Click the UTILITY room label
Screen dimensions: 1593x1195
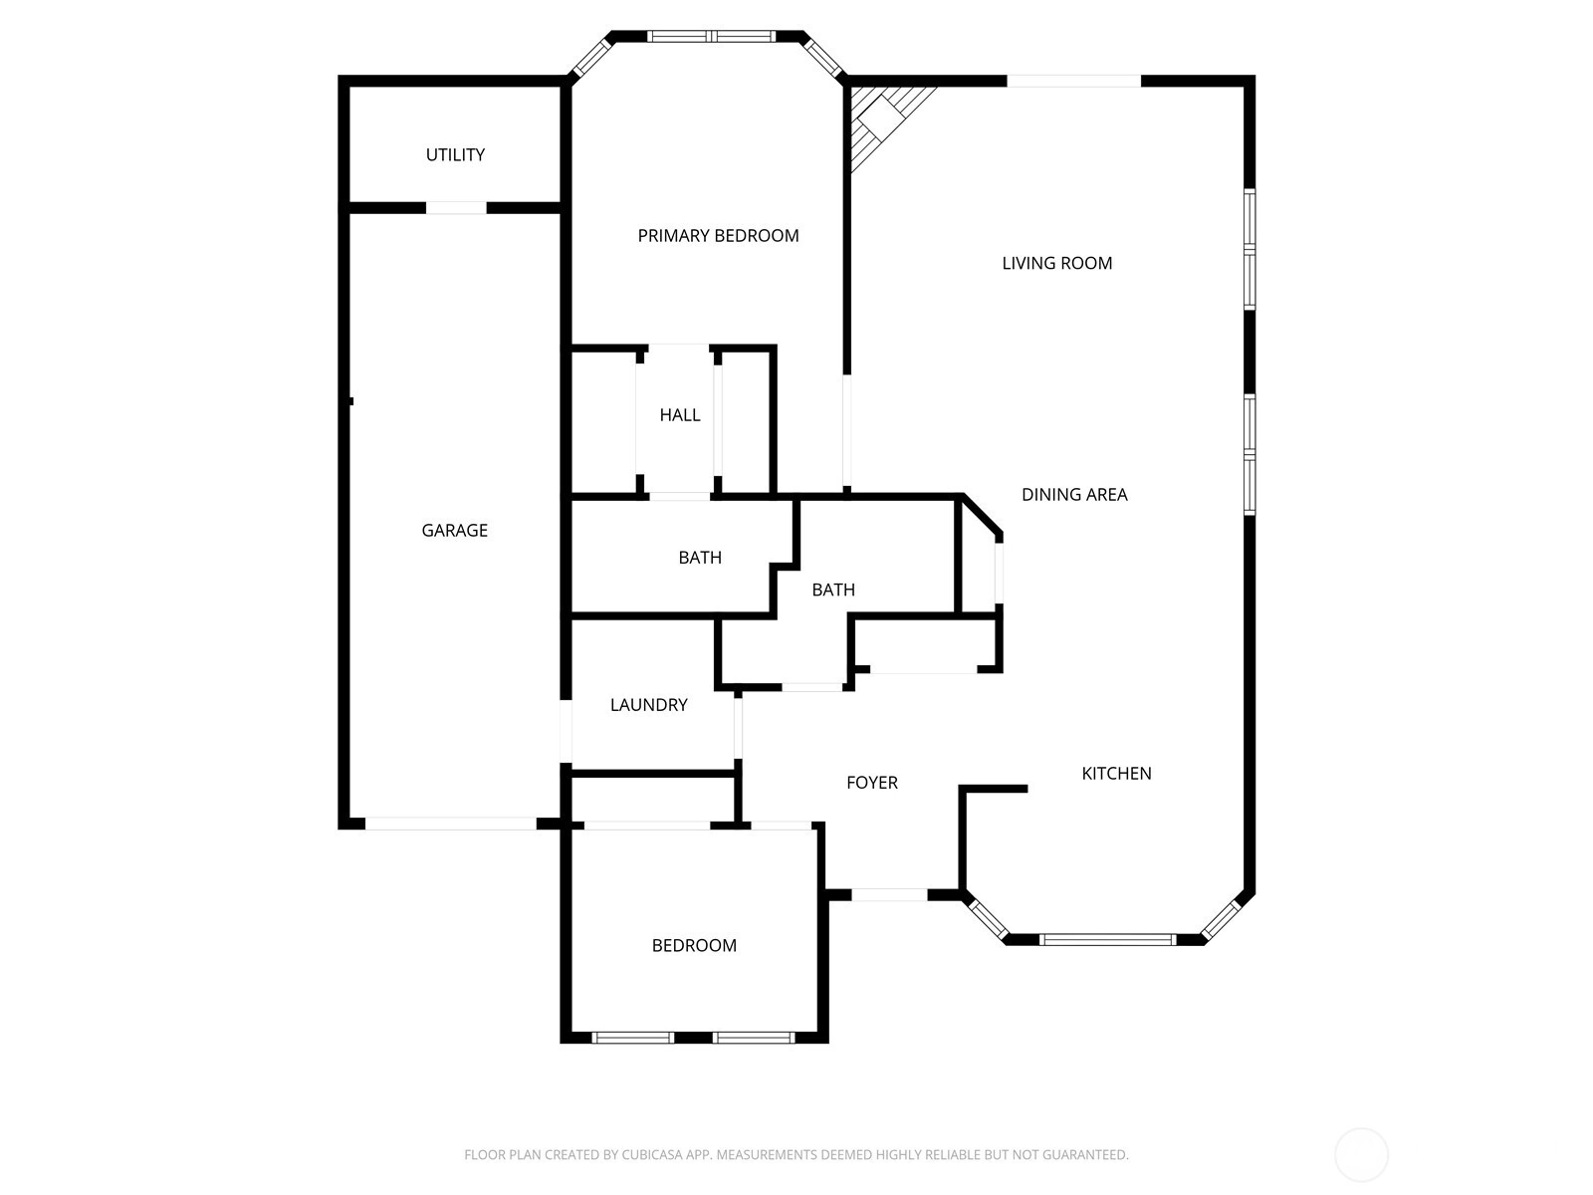click(x=455, y=154)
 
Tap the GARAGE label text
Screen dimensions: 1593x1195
click(x=454, y=531)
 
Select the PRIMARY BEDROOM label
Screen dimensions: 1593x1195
click(x=718, y=236)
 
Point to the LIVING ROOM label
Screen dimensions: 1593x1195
click(x=1056, y=263)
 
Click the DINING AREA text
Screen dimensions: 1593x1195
click(x=1074, y=495)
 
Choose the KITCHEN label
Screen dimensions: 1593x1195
click(x=1116, y=774)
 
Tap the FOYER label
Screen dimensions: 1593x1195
click(x=871, y=782)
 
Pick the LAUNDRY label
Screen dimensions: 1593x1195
click(x=649, y=704)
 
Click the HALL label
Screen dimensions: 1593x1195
click(x=680, y=415)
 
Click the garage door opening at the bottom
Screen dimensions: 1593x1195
click(x=450, y=824)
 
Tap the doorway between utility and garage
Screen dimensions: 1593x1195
click(x=456, y=208)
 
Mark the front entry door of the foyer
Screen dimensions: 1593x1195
click(x=889, y=894)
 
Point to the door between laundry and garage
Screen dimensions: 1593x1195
click(x=566, y=731)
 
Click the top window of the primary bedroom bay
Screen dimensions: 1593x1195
click(x=711, y=36)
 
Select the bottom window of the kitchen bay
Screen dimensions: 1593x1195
click(x=1107, y=940)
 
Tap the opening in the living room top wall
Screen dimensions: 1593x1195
click(x=1074, y=81)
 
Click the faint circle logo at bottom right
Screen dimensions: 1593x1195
click(x=1361, y=1154)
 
